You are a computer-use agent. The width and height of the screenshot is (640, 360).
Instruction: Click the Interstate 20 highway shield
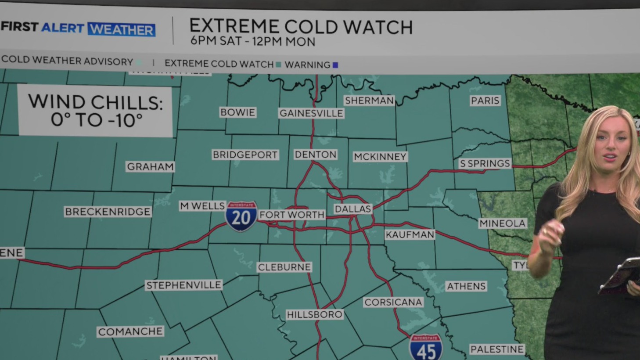(x=241, y=216)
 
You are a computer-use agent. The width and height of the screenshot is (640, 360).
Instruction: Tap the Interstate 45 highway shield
(x=425, y=348)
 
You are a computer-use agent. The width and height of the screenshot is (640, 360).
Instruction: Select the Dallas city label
(x=353, y=209)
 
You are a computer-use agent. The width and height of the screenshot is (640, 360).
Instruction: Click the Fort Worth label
(x=291, y=215)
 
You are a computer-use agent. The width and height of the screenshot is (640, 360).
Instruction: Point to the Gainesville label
(x=311, y=113)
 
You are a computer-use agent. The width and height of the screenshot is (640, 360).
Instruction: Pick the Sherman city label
(x=369, y=101)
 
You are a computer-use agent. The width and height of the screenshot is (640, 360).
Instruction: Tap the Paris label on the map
(x=485, y=101)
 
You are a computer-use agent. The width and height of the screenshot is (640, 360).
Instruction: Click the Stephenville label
(x=183, y=285)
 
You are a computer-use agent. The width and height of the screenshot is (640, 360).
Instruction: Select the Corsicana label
(x=393, y=302)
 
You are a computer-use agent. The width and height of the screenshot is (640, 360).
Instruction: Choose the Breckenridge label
(x=108, y=212)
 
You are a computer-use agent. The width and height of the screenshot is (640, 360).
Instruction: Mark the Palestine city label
(x=497, y=349)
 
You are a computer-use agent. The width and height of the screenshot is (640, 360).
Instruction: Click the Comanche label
(x=130, y=331)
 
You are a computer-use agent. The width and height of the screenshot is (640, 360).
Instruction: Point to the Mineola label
(x=502, y=223)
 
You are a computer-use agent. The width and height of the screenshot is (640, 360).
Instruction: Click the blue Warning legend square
(x=335, y=65)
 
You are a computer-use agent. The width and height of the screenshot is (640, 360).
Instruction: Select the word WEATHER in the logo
(x=122, y=29)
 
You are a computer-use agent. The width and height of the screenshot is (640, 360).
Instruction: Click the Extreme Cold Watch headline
(x=301, y=27)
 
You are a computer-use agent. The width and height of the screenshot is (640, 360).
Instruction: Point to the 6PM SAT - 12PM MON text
(x=253, y=42)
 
